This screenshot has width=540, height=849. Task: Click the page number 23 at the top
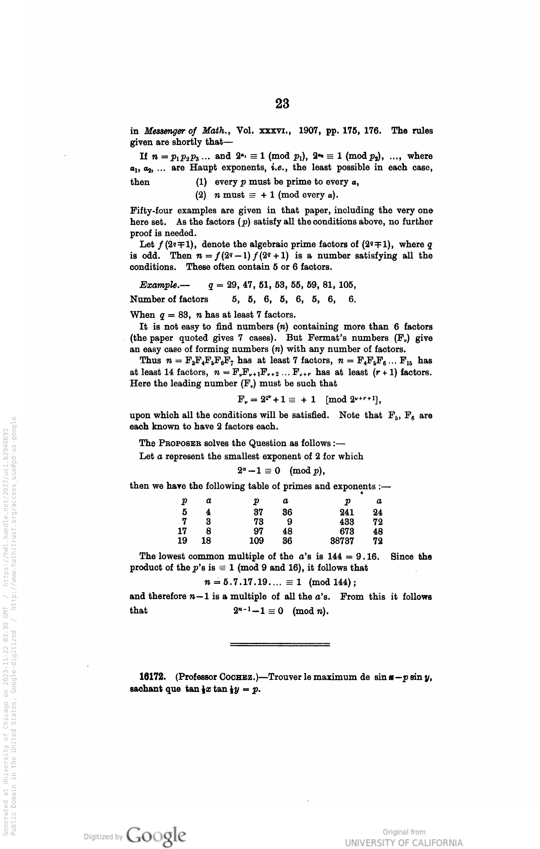282,103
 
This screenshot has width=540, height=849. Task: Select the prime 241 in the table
347,512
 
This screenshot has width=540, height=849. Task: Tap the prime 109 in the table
256,541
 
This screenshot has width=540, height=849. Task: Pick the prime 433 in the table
347,522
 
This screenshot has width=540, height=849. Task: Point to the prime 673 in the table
347,531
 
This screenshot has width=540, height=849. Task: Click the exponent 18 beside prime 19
206,541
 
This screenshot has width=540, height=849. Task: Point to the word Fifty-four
150,210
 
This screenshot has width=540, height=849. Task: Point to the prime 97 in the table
259,531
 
